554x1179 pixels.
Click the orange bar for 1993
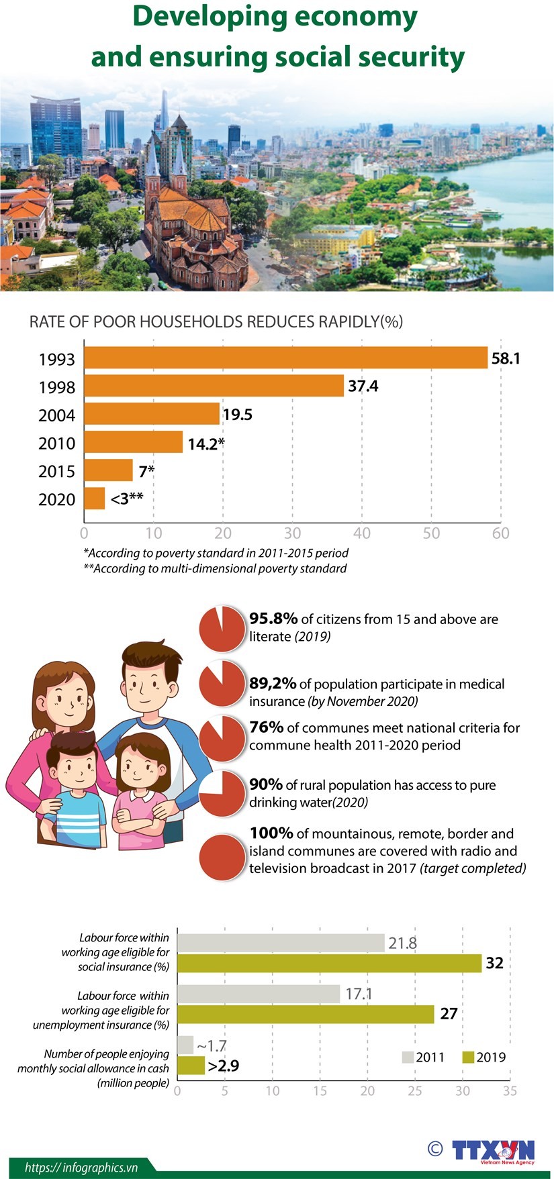pos(285,358)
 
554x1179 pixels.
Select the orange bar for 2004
pos(152,414)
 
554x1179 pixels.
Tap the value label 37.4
pos(363,386)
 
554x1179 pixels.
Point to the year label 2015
pos(56,471)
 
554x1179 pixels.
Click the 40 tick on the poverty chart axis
pos(361,533)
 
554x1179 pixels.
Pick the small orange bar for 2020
pos(95,499)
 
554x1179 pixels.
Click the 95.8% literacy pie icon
pos(222,629)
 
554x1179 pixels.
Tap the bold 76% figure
pos(267,727)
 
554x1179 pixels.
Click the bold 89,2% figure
pos(273,683)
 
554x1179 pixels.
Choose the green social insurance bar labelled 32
pos(329,964)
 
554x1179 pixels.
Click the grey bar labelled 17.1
pos(259,994)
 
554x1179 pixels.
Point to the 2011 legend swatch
pos(408,1058)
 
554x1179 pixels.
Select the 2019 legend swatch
pos(468,1058)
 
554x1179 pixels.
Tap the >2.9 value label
pos(224,1066)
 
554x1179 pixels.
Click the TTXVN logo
pos(494,1150)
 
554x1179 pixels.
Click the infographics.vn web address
pos(81,1168)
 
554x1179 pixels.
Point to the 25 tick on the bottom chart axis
pos(415,1091)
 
